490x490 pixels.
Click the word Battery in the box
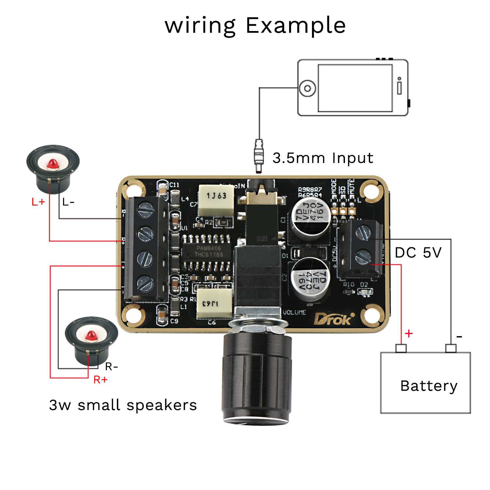point(429,386)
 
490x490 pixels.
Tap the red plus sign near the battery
point(409,334)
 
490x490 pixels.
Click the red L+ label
point(38,202)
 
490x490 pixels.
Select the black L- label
point(68,203)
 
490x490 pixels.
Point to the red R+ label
point(100,380)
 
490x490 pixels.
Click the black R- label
point(111,367)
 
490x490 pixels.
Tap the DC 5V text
point(418,253)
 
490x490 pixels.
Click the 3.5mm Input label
point(323,158)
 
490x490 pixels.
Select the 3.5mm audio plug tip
point(259,168)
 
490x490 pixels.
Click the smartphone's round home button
point(307,88)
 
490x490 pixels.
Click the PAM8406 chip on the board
point(208,252)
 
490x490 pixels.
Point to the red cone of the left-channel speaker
point(53,164)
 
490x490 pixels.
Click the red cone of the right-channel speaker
point(91,335)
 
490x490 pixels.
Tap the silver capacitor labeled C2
point(310,278)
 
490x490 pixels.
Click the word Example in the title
point(296,25)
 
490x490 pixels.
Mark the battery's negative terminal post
point(451,348)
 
